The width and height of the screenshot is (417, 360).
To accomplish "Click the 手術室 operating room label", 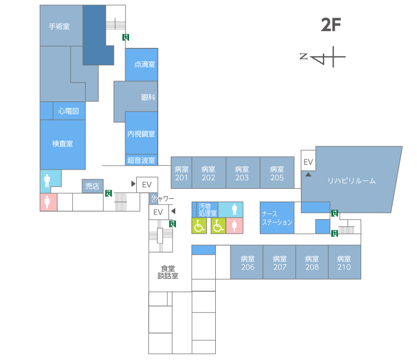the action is (x=59, y=26).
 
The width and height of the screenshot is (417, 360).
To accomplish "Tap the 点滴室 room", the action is (x=141, y=65).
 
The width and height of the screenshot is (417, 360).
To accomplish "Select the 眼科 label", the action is (x=148, y=97).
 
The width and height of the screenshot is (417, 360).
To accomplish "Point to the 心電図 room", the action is (x=69, y=111).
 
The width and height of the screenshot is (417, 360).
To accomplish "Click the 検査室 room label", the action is (x=63, y=144).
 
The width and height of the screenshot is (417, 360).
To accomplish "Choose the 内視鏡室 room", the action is (x=141, y=133).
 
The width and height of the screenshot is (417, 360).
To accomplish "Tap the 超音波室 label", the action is (x=141, y=161).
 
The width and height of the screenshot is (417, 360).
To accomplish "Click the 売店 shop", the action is (x=92, y=186).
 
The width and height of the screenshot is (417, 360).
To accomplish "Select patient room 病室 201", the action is (x=181, y=172).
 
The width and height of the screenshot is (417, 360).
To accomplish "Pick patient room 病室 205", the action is (x=277, y=172).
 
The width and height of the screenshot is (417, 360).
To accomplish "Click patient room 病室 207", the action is (x=280, y=262).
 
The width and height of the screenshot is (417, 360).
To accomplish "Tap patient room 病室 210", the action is (x=344, y=262).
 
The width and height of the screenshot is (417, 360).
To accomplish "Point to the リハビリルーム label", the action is (x=351, y=181).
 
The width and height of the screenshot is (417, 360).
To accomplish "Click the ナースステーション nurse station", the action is (x=277, y=218).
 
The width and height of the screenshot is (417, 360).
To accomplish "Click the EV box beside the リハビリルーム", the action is (x=308, y=161).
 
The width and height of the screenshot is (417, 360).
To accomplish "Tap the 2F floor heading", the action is (x=331, y=25).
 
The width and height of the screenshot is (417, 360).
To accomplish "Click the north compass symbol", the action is (x=322, y=57).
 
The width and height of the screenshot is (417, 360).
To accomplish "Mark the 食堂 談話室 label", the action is (x=168, y=272).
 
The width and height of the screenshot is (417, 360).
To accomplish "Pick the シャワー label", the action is (x=162, y=198).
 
